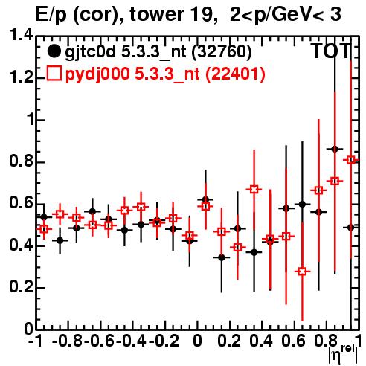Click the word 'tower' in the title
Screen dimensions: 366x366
click(158, 14)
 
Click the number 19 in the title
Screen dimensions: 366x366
click(202, 14)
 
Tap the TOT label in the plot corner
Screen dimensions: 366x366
click(330, 51)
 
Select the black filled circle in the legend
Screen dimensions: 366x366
click(54, 51)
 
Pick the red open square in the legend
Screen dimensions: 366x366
click(54, 73)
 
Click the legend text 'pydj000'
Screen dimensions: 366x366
click(97, 74)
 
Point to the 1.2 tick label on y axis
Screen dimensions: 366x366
click(21, 77)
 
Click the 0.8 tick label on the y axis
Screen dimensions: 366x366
click(21, 161)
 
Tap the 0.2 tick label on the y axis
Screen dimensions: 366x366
click(21, 287)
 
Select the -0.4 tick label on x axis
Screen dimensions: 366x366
click(131, 341)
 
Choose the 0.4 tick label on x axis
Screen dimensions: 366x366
click(261, 341)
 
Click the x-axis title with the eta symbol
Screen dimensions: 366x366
click(343, 356)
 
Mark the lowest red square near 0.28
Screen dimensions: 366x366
click(302, 272)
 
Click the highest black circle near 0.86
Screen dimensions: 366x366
click(335, 149)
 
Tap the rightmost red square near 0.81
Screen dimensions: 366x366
click(350, 160)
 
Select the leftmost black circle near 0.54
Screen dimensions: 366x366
click(44, 217)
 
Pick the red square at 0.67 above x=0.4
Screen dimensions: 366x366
click(254, 190)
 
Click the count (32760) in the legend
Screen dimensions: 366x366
click(222, 51)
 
